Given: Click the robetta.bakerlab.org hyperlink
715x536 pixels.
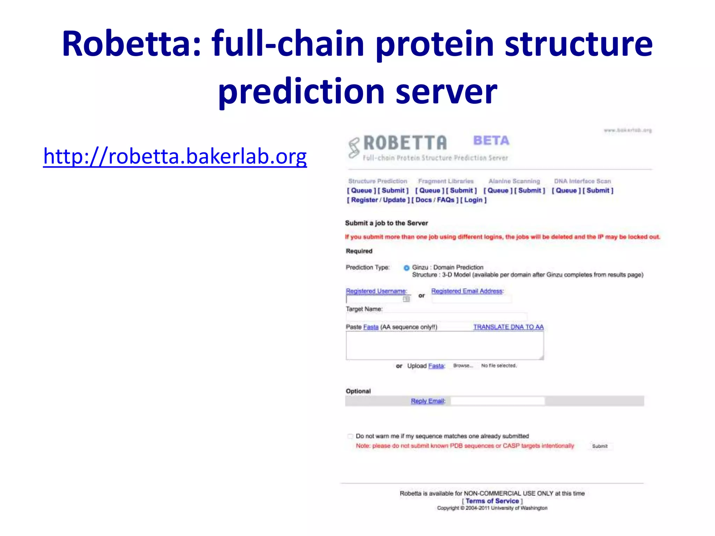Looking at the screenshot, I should coord(175,157).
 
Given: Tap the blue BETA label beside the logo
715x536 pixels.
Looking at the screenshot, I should coord(491,141).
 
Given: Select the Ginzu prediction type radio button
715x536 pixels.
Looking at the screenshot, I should coord(406,268).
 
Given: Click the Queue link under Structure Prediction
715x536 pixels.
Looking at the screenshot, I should coord(361,191).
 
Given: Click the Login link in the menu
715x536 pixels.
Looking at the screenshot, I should coord(473,200).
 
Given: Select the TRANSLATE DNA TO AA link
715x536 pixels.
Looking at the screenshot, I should coord(508,327).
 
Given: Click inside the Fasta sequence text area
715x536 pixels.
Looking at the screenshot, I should coord(444,345).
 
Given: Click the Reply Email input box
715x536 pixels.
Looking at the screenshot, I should coord(497,401).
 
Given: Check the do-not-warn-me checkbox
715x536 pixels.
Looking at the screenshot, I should coord(350,436).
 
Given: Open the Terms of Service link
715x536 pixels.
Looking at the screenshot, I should coord(492,501).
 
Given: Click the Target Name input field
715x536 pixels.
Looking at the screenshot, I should coord(436,317).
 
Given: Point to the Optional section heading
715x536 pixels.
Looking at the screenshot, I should coord(358,391).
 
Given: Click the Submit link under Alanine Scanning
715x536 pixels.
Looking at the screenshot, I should coord(530,191).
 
